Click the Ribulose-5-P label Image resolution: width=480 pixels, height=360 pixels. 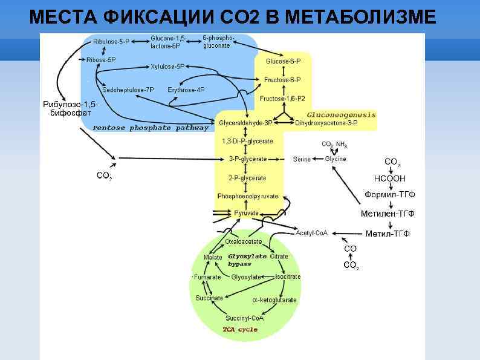pos(111,42)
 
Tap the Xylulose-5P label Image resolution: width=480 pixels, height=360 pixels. pos(167,66)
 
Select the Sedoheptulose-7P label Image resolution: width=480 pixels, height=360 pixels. pos(128,90)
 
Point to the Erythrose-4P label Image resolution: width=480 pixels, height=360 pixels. pos(186,90)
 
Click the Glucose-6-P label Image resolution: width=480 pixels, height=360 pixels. pos(283,61)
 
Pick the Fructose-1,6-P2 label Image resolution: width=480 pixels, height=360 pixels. pos(282,98)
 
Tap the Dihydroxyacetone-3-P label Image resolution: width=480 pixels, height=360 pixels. pos(326,123)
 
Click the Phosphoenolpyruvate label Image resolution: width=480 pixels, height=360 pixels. pos(248,196)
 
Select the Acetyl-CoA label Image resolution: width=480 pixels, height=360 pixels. pos(311,233)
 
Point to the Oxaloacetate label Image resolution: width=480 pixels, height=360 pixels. pos(244,241)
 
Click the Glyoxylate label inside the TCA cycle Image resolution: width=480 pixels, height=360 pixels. pos(246,277)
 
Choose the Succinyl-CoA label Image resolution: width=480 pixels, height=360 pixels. pos(244,318)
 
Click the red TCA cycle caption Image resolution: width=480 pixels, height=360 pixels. pos(240,330)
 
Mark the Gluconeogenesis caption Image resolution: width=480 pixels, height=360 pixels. pos(341,114)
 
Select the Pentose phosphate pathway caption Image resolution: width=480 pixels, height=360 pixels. pos(151,128)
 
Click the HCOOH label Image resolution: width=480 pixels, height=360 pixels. pos(390,178)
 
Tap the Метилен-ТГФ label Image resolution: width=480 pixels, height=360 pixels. pos(388,214)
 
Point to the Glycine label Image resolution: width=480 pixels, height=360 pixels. pos(336,159)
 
